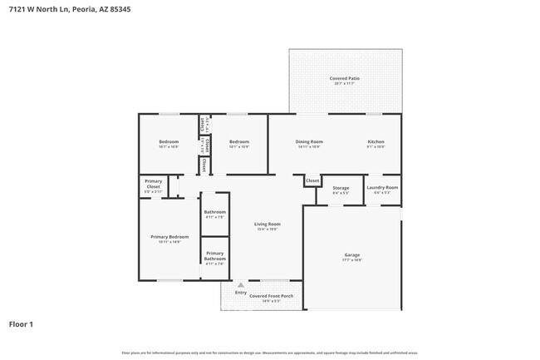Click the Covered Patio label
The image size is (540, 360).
point(343,78)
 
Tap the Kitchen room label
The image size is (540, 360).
point(376,142)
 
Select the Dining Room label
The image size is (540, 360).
point(309,142)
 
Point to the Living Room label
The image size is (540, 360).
point(267,224)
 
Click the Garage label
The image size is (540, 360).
point(352,254)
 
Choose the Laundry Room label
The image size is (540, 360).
point(382,188)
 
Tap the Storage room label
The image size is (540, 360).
point(341,188)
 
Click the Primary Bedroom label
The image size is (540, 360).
point(169,237)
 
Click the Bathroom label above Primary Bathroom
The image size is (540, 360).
point(214,212)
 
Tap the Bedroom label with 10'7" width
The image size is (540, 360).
point(169,142)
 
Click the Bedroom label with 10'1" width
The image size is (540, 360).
point(239,142)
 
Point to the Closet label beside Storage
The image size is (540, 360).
point(312,180)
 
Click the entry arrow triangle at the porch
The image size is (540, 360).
point(241,284)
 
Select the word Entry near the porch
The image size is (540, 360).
point(241,293)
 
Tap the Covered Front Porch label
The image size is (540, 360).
point(269,296)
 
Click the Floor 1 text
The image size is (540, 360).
point(22,323)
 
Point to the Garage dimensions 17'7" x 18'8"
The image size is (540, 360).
point(352,260)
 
